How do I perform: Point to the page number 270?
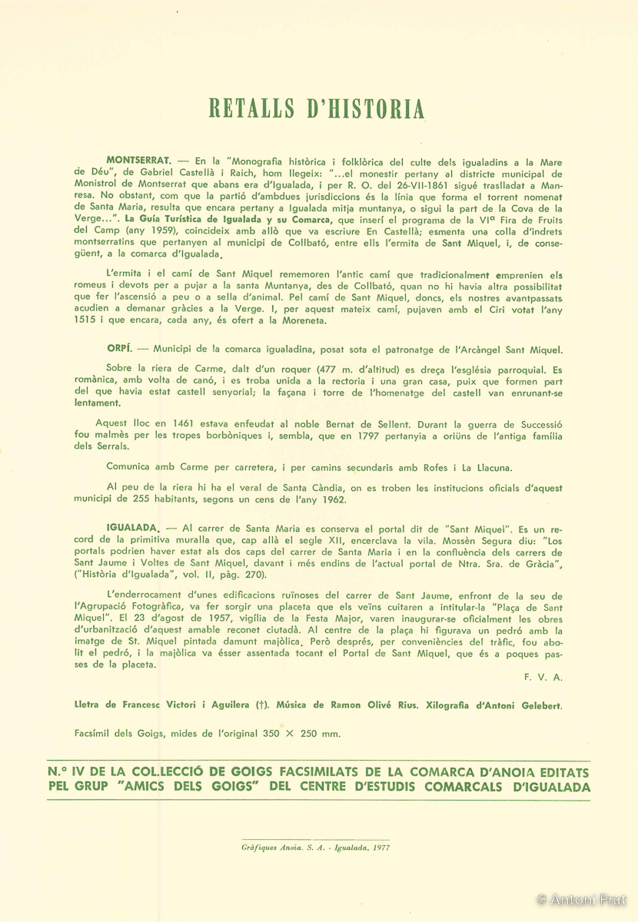coord(251,574)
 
